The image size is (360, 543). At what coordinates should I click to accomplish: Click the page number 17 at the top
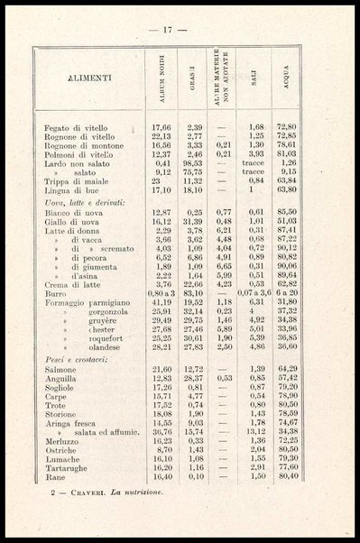pyautogui.click(x=168, y=30)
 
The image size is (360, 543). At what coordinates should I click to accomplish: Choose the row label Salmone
pyautogui.click(x=60, y=370)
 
